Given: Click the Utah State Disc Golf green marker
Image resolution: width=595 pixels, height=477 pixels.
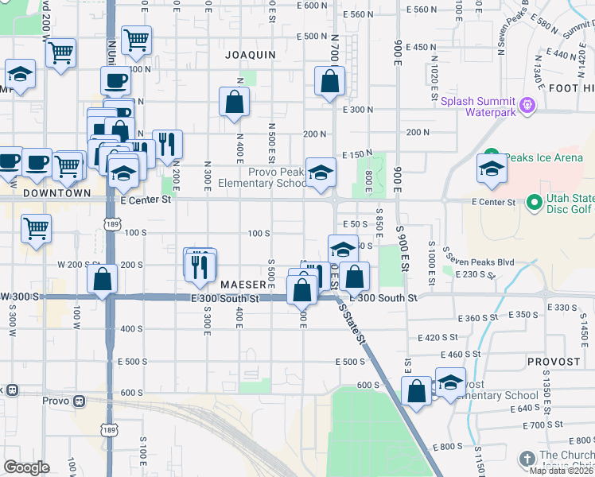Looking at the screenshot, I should click(534, 203).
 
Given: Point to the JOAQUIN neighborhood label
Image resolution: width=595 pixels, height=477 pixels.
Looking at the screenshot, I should click(250, 55).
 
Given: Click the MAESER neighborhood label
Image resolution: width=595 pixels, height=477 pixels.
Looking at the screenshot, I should click(243, 284).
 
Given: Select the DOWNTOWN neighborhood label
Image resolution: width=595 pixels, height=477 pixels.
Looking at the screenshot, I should click(56, 193).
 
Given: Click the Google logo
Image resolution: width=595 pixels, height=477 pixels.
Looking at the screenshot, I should click(26, 467).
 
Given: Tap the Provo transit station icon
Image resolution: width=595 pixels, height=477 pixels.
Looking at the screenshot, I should click(79, 401).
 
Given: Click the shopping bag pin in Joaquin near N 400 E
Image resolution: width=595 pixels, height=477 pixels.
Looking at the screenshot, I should click(234, 102).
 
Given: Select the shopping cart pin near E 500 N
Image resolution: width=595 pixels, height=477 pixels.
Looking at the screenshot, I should click(137, 38).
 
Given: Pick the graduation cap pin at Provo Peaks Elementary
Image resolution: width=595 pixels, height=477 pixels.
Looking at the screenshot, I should click(321, 173).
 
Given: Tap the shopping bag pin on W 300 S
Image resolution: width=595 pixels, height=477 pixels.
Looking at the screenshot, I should click(103, 278).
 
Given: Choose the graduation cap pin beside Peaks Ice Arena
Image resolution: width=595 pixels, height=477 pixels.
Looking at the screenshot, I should click(492, 169).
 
